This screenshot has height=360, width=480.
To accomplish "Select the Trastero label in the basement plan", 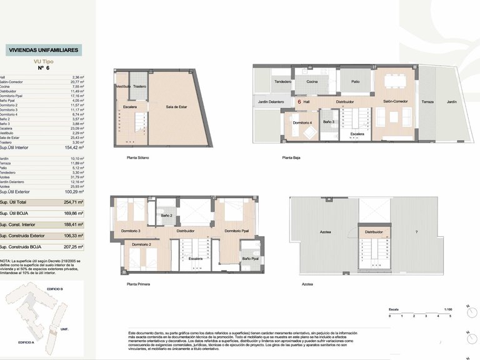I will pos(139,86).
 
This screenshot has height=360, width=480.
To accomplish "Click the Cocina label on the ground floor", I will pos(312,81).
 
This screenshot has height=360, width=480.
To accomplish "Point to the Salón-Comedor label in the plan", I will pos(395,101).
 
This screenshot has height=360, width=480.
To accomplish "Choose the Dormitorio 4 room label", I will pos(302,122).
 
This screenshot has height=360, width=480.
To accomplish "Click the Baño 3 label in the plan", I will pos(329,121).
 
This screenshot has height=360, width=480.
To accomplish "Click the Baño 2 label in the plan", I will pos(166,216).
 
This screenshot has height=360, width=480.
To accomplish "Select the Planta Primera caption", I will pos(139,284).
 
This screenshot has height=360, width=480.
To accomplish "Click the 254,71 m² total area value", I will pos(73,202).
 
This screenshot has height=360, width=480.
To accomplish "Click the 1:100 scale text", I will pos(447,309).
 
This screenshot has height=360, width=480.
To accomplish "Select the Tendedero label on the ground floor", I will pos(283,81).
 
